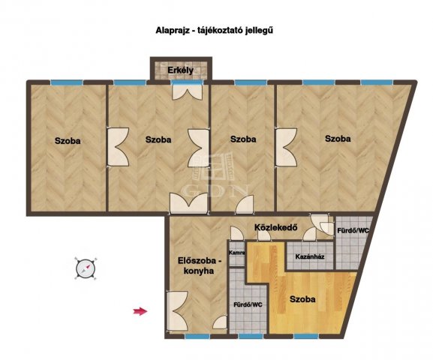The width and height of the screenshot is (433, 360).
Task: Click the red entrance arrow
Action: [140, 311]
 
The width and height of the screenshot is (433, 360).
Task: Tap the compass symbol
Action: [86, 268]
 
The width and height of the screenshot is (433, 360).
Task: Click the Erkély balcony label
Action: [181, 70]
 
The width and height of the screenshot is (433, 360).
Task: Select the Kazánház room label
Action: [310, 256]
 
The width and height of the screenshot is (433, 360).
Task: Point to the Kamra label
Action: [237, 253]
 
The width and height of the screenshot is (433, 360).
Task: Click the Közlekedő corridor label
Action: [275, 228]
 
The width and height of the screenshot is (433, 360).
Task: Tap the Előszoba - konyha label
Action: [200, 265]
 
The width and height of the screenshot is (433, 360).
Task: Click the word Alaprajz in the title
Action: [173, 30]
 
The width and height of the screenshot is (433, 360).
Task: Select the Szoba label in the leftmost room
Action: [68, 141]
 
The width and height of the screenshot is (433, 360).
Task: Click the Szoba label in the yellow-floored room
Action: [302, 299]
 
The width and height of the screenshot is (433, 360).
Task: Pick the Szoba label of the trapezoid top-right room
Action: [338, 139]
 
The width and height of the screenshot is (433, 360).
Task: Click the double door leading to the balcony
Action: [188, 91]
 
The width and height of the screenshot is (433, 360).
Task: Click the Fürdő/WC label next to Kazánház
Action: [353, 230]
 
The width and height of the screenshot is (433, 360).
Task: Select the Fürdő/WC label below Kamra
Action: [248, 304]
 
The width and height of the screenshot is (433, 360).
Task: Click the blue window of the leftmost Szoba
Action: [67, 82]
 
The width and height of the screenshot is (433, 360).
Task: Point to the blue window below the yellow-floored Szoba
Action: [306, 336]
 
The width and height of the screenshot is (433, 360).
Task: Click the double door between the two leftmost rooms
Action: [118, 147]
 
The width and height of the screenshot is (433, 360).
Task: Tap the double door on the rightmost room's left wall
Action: [286, 147]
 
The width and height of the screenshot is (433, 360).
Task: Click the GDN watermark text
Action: [216, 190]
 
